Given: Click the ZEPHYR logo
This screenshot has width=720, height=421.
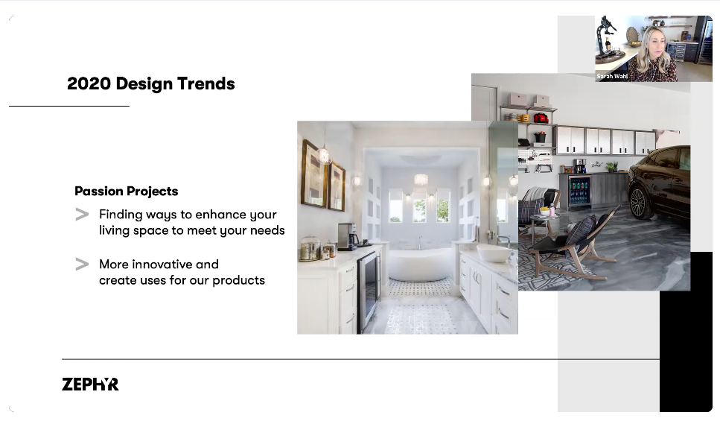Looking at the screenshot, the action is coord(90,384).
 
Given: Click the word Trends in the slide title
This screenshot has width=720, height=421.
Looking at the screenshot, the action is coord(206,83).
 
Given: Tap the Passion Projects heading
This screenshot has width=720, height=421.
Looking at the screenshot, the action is coord(127,191).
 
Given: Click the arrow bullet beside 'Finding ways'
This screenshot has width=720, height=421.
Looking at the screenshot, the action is coord(82,215).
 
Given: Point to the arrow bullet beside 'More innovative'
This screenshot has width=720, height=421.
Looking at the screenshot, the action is coord(82,265).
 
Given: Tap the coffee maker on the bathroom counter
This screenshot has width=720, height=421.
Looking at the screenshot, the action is coord(348,237).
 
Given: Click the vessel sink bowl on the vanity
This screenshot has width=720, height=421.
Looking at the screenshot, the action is coord(494,253).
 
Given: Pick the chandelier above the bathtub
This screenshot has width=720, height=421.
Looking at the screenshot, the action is coord(421,180).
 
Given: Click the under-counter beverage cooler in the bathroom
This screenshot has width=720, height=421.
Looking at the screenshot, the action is coord(369,291).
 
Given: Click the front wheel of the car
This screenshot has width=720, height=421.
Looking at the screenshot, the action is coord(639,203).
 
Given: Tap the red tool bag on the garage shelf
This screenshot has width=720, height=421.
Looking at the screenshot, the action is coord(541,118).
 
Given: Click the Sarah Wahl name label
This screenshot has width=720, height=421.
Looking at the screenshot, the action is coord(612,76).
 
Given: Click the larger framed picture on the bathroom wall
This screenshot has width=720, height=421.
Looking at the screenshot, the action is coord(314,174).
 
